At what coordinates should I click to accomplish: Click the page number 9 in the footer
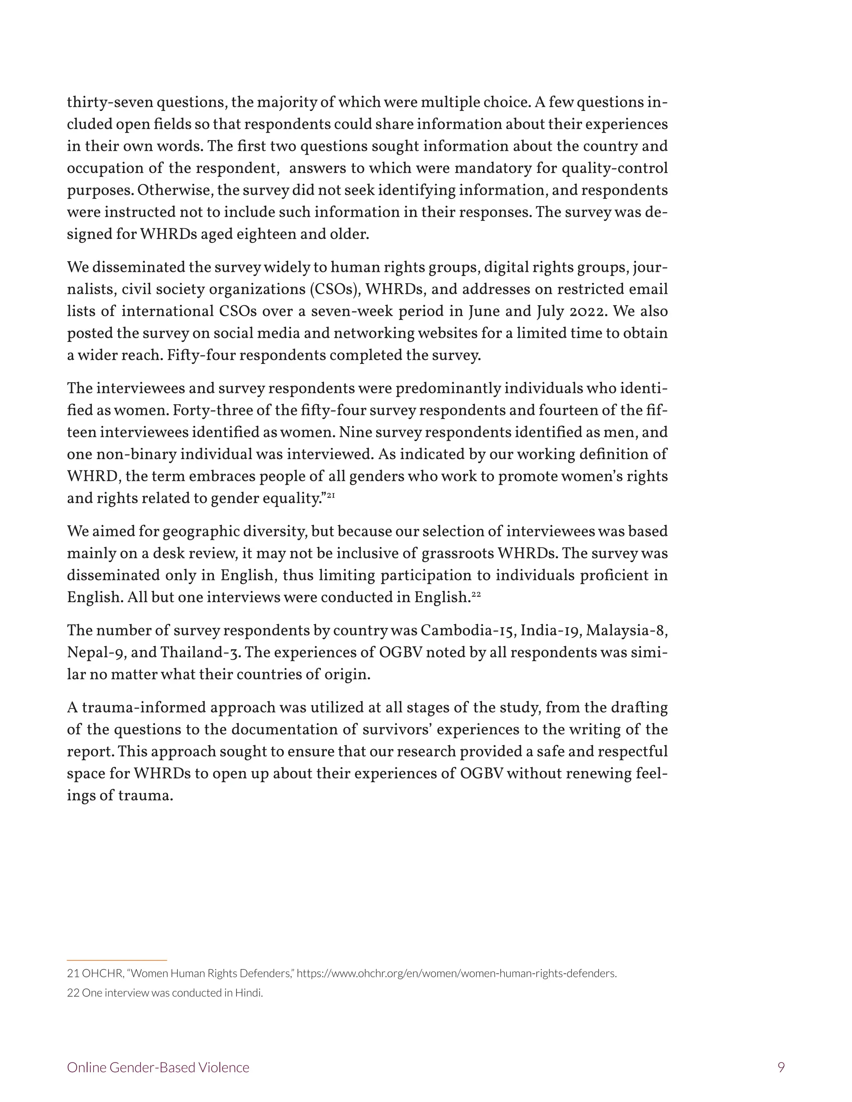point(781,1067)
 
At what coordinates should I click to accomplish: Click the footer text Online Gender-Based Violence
point(158,1067)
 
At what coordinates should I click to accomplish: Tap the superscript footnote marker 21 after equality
point(331,496)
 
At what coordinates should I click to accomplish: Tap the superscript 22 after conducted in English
point(476,594)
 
